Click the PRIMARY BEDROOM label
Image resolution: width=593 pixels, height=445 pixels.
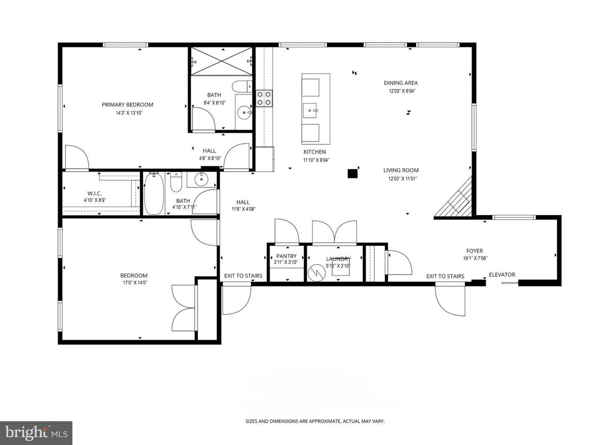pos(127,105)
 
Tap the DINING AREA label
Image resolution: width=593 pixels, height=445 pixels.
pos(401,83)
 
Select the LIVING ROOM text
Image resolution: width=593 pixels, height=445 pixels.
pos(401,170)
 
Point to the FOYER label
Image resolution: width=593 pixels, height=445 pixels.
pos(475,251)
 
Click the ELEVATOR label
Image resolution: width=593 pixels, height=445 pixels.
pos(502,274)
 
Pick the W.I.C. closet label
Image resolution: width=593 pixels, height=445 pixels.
pos(95,194)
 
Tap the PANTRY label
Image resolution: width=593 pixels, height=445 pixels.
pos(286,256)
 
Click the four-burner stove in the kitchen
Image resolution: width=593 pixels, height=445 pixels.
pos(264,98)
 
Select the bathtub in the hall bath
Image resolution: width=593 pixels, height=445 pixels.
pos(154,194)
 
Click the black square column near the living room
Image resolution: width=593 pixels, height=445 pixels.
pos(352,173)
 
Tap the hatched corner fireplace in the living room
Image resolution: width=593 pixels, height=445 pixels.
pos(457,200)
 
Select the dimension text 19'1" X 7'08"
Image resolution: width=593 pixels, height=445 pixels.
pos(475,258)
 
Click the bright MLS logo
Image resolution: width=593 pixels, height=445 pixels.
pos(36,433)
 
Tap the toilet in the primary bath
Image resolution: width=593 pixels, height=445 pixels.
pos(242,86)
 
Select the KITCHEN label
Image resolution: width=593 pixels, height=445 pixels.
pos(315,152)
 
